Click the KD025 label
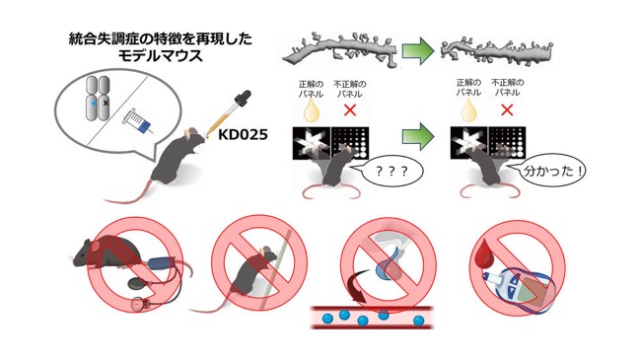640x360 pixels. [x=243, y=134]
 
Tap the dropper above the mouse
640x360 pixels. [x=229, y=114]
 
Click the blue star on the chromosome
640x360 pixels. [x=95, y=104]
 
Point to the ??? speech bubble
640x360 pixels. [x=391, y=171]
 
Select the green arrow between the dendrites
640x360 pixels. [x=417, y=51]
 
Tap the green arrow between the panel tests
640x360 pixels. [x=417, y=136]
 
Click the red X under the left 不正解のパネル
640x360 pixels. [x=350, y=109]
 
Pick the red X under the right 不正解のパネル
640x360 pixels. [x=507, y=109]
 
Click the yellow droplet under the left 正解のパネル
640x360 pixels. [x=311, y=110]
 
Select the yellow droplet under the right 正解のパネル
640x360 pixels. [x=468, y=110]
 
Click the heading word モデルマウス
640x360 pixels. [x=161, y=56]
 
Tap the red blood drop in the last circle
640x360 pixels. [x=484, y=253]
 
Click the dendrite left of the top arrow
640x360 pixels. [x=340, y=50]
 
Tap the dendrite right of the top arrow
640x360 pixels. [x=497, y=52]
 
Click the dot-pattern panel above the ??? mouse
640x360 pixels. [x=350, y=143]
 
